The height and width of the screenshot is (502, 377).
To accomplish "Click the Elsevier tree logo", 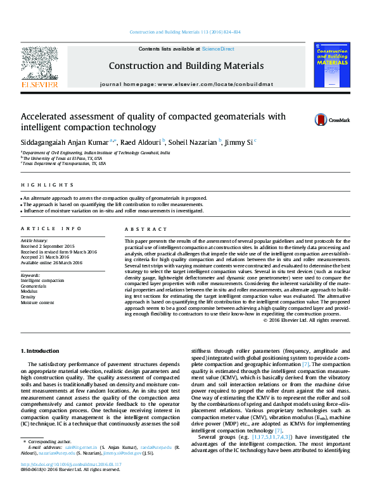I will coord(39,64).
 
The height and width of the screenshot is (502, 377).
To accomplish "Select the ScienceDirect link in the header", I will coord(219,49).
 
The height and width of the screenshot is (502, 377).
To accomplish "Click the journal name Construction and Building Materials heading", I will coord(186,66).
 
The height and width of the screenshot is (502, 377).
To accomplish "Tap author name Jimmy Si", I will coord(240,142).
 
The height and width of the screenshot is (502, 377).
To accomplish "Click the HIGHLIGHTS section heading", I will coord(39,185).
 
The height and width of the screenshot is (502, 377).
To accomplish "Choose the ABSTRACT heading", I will coord(140,229).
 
